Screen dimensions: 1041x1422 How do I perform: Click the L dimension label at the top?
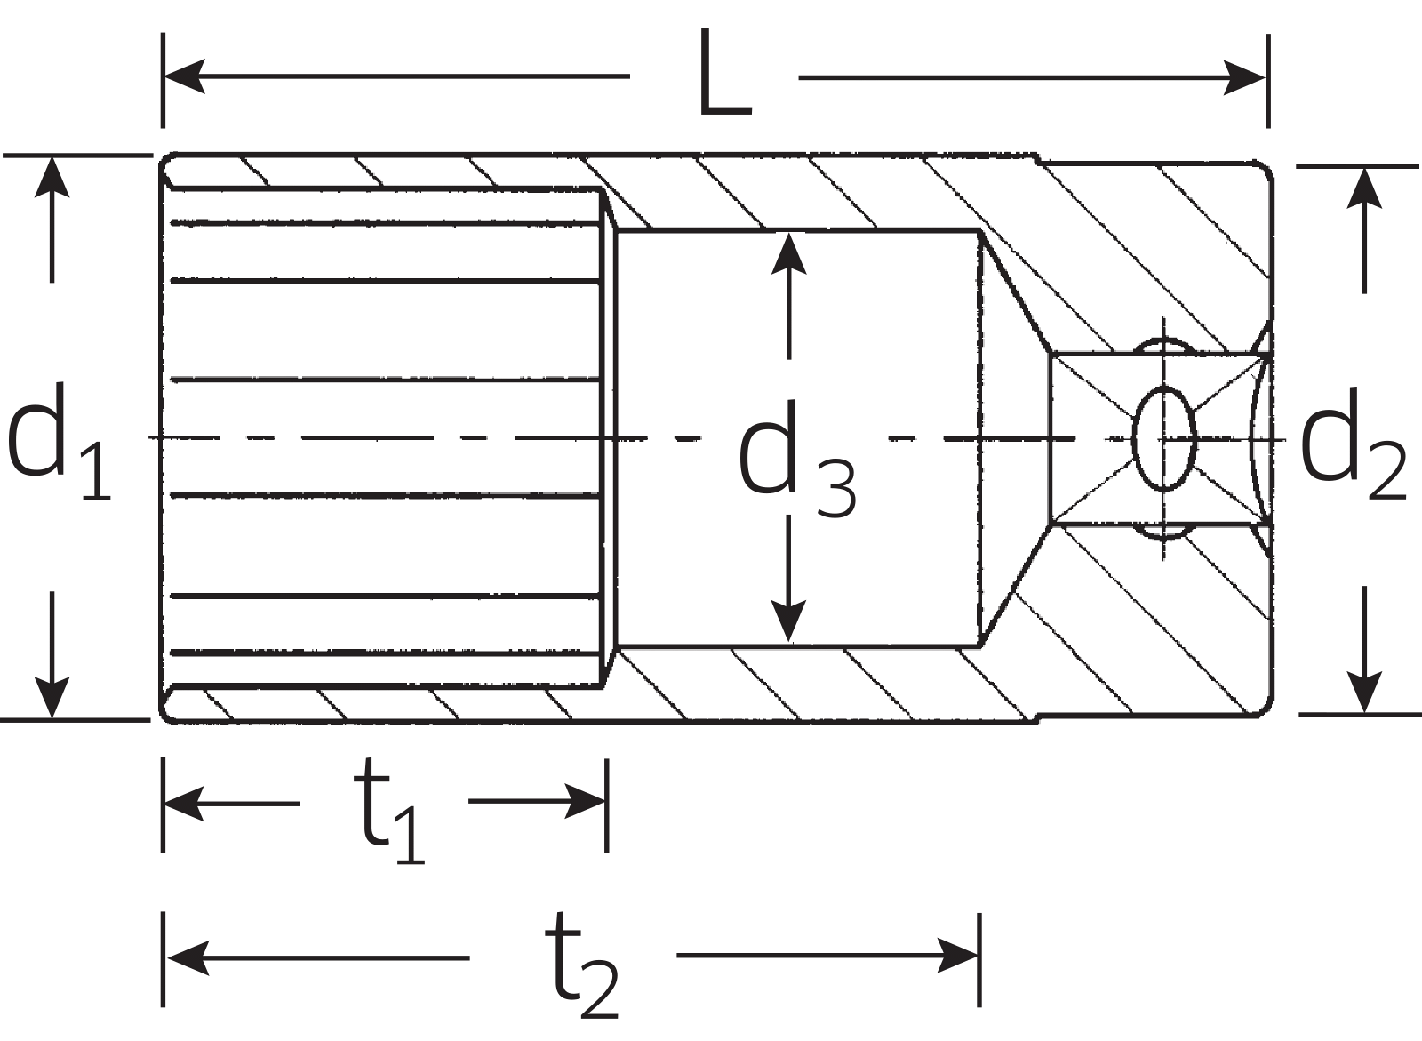click(724, 75)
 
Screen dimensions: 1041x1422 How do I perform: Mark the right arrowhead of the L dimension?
click(1244, 77)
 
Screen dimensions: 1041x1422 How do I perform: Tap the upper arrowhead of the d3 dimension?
click(787, 252)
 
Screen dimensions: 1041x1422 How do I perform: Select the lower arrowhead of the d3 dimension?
click(787, 621)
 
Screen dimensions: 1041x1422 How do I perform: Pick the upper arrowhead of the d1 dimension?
click(52, 177)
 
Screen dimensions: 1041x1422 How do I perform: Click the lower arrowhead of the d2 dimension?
click(1363, 693)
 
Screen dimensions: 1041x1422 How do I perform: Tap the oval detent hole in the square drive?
click(1165, 439)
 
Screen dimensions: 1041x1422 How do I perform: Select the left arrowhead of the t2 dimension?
click(186, 957)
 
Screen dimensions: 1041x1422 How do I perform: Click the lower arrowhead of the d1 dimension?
click(52, 698)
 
